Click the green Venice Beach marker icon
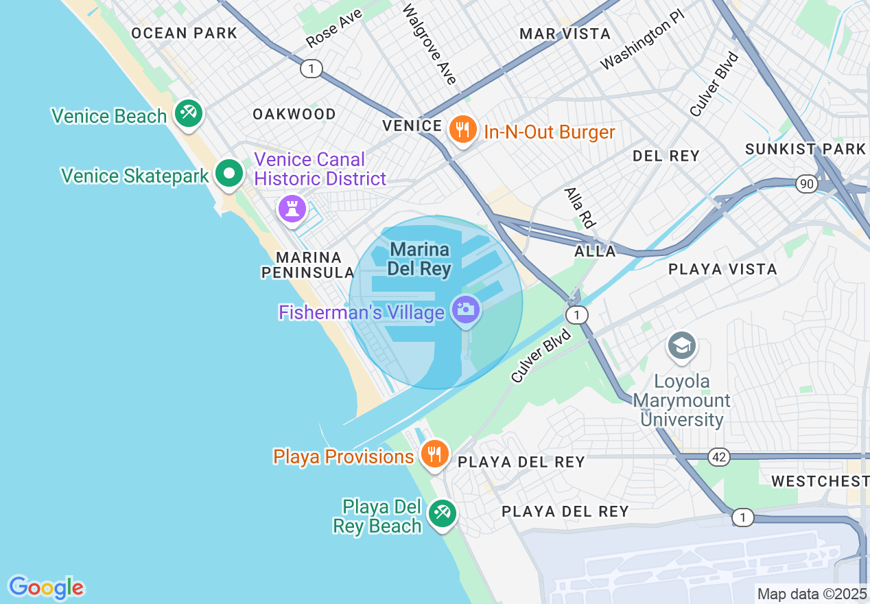(x=187, y=113)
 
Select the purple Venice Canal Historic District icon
(x=292, y=208)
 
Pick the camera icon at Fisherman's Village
(x=465, y=310)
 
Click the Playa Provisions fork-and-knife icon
(x=434, y=454)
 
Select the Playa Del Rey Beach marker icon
(x=442, y=513)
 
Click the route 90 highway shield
(x=806, y=183)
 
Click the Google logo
(x=46, y=588)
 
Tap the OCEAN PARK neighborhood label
(x=184, y=33)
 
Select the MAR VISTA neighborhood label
(x=565, y=34)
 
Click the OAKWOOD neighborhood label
(x=294, y=114)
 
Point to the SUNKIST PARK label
(x=806, y=149)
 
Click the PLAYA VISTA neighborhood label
(x=722, y=269)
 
